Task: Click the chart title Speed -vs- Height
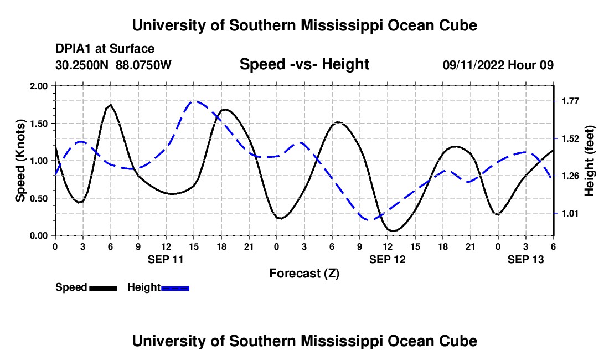[x=304, y=64]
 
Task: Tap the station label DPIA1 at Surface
[x=105, y=49]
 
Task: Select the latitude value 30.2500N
[x=83, y=65]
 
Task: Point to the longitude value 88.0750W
[x=144, y=65]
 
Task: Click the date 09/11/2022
[x=473, y=65]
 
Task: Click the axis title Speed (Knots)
[x=20, y=161]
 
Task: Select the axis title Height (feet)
[x=589, y=161]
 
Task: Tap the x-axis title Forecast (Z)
[x=304, y=273]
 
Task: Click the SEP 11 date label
[x=166, y=259]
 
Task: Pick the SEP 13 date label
[x=526, y=259]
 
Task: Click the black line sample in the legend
[x=103, y=288]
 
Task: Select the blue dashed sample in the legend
[x=175, y=288]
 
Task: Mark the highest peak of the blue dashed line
[x=195, y=101]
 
